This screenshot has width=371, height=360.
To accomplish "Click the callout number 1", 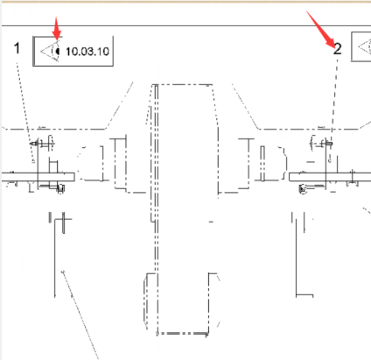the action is tap(17, 48).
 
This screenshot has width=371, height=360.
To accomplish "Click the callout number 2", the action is tap(338, 49).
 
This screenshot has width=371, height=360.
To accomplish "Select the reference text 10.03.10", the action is tap(87, 52).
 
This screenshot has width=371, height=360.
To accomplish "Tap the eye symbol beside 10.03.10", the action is tap(51, 52).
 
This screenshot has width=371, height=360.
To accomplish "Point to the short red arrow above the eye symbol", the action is tap(57, 28).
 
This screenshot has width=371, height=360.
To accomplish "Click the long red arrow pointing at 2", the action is tap(321, 30).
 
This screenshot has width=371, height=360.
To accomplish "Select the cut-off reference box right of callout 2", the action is tap(360, 46).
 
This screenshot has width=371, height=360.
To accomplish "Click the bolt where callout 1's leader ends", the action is tap(34, 144).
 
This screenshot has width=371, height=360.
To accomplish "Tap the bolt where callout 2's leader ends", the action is tap(329, 144).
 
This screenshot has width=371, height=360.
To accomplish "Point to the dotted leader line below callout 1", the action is tap(24, 112).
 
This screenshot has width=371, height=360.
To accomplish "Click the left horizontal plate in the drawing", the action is tap(38, 177).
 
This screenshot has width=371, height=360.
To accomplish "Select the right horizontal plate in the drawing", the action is tap(330, 177).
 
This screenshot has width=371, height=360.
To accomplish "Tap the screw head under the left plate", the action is tap(60, 188).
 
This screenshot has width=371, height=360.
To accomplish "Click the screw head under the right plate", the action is tap(303, 188).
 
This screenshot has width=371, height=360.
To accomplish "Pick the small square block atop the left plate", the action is tap(53, 166).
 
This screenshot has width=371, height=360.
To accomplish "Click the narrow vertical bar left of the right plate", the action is tap(262, 163).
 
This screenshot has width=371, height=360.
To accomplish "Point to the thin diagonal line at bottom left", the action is tap(80, 315).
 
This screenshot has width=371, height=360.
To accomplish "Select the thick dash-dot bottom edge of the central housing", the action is tap(182, 333).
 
